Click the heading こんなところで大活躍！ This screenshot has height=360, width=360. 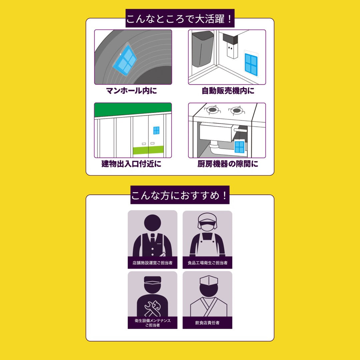[180, 19]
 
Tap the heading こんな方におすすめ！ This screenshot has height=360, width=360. [180, 195]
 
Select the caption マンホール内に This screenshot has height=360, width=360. [131, 90]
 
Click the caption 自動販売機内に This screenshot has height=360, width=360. [228, 91]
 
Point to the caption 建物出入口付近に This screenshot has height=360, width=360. [131, 164]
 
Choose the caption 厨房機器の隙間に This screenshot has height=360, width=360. [228, 164]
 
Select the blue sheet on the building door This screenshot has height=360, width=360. [156, 130]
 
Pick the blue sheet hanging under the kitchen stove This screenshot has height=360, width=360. [239, 147]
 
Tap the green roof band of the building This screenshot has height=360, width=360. [133, 110]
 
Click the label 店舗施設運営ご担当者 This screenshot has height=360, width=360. [152, 263]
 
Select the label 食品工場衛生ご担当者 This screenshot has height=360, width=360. [207, 263]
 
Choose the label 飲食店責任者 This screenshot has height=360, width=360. [207, 323]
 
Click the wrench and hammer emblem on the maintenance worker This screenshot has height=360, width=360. [152, 308]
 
